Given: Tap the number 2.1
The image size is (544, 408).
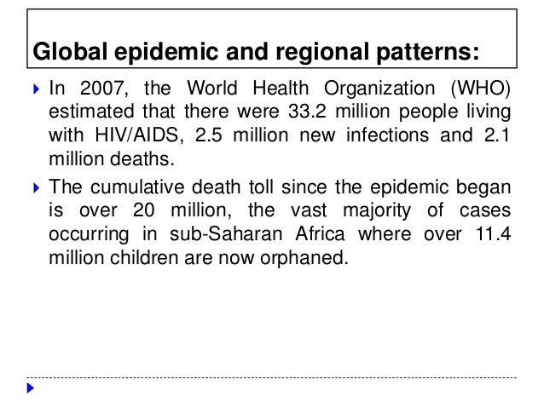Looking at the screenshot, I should [498, 137].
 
